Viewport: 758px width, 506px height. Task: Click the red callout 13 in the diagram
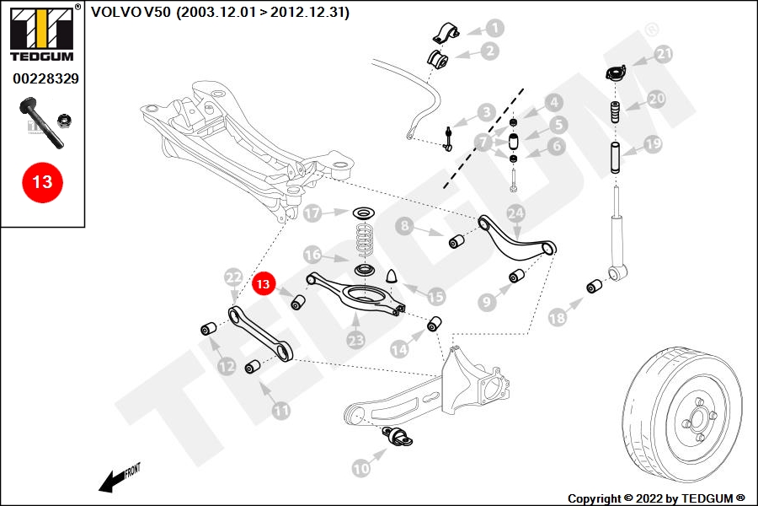pyautogui.click(x=264, y=284)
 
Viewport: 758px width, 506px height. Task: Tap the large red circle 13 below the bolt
pyautogui.click(x=42, y=181)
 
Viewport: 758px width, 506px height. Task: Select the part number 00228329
pyautogui.click(x=45, y=78)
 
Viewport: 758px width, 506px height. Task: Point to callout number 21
pyautogui.click(x=665, y=55)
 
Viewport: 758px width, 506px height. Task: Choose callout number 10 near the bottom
pyautogui.click(x=360, y=466)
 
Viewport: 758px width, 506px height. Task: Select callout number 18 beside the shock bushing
pyautogui.click(x=557, y=317)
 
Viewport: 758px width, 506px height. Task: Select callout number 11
pyautogui.click(x=280, y=411)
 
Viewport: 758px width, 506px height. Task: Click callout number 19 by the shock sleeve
pyautogui.click(x=654, y=144)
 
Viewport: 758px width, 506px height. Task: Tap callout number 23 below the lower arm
pyautogui.click(x=355, y=340)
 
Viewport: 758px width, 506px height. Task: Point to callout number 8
pyautogui.click(x=405, y=225)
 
